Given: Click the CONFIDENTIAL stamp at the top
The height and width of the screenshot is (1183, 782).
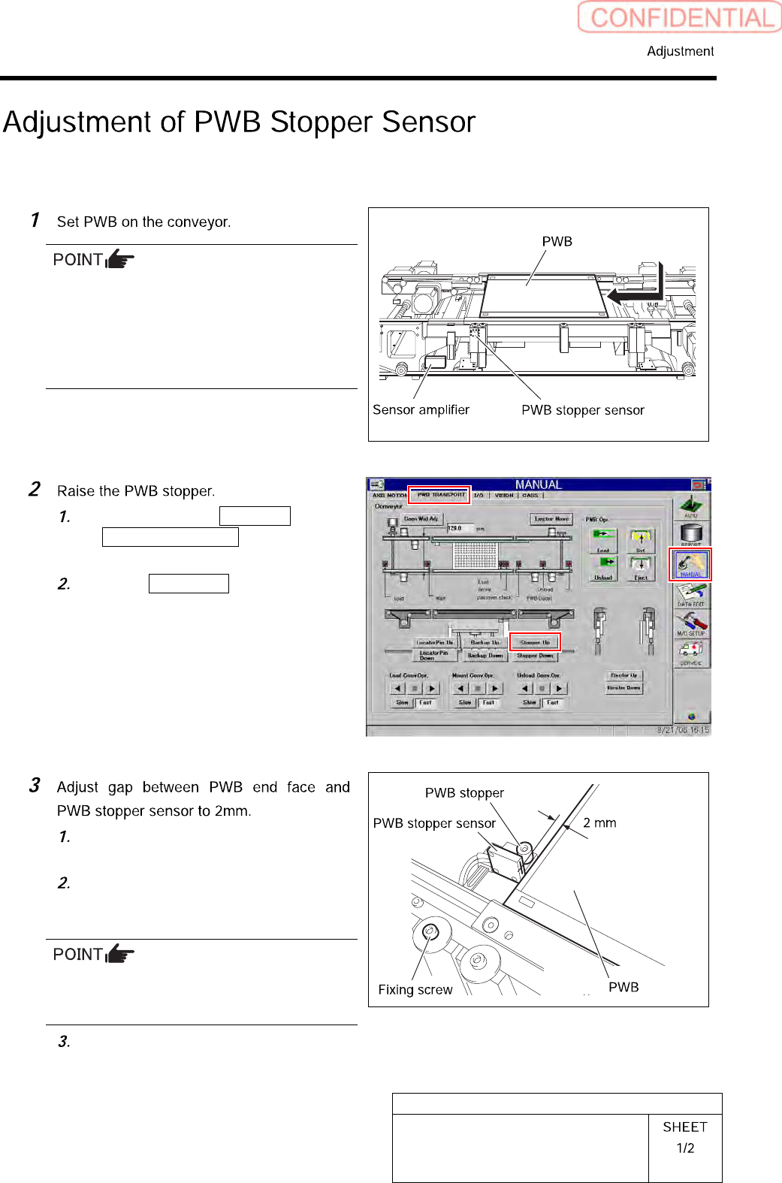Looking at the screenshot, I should (680, 17).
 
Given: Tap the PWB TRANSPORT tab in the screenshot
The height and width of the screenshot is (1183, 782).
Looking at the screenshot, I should (440, 495).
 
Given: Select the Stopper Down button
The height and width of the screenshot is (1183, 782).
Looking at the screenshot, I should (535, 656).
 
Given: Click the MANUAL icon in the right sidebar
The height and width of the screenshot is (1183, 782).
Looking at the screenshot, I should (690, 564).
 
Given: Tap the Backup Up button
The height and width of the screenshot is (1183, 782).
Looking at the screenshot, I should (485, 643).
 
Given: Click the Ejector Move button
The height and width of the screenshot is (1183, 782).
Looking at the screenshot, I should (551, 519).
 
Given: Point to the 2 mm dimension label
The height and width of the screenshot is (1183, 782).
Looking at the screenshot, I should (599, 823).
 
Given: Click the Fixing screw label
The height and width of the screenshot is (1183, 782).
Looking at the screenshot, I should (415, 990).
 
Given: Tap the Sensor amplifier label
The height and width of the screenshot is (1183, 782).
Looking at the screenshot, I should (421, 410).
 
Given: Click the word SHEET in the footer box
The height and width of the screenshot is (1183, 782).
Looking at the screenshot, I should (685, 1127).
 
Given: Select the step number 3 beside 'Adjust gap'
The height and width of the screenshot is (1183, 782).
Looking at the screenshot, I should (35, 786).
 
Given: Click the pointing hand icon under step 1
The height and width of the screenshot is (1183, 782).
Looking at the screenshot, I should (120, 260).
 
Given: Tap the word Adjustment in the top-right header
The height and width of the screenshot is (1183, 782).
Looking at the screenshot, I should (680, 51).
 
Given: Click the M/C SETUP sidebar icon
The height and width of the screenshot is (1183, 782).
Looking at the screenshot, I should (690, 623).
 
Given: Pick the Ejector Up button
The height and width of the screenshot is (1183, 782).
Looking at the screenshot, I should (623, 675).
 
